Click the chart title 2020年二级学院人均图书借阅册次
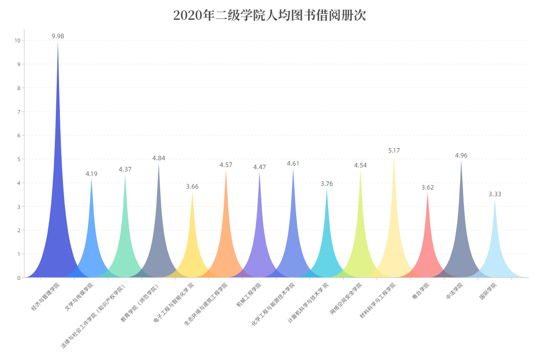[270, 16]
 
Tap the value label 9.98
[58, 36]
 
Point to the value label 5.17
[394, 150]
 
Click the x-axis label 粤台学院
[421, 291]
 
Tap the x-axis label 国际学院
[488, 291]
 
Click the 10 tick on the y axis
[17, 40]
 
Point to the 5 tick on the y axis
[18, 159]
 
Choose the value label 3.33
[495, 194]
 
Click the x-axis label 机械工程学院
[249, 294]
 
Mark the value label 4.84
[158, 158]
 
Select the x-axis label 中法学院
[454, 291]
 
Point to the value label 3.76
[327, 184]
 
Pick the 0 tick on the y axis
[18, 278]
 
